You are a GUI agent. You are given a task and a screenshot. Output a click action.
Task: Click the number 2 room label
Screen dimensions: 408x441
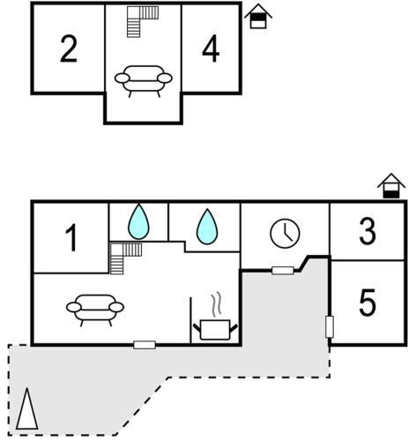[69, 49]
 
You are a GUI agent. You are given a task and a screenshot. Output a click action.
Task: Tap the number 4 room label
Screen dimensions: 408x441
[211, 49]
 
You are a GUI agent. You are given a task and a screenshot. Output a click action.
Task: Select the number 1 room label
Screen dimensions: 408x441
[71, 237]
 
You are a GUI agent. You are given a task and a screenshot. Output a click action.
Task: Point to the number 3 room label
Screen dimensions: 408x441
[367, 231]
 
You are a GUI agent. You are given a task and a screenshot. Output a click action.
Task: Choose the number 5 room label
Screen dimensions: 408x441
[367, 303]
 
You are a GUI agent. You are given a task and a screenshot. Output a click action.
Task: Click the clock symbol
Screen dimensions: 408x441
[285, 234]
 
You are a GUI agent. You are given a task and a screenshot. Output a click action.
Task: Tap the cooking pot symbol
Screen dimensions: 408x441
[215, 330]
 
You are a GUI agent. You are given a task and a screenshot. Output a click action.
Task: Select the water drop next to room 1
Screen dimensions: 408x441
[138, 221]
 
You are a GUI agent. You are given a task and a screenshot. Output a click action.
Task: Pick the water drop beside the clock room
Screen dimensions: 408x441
[207, 227]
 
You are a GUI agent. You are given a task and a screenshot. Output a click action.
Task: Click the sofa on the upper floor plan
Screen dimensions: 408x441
[144, 81]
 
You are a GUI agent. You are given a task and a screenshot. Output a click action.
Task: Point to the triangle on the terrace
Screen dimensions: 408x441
[27, 409]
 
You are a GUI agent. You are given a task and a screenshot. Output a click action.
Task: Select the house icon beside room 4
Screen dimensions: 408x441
[258, 17]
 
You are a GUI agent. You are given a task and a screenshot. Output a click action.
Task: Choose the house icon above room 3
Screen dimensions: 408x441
[391, 186]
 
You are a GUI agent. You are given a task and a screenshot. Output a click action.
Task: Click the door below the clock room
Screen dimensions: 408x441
[283, 271]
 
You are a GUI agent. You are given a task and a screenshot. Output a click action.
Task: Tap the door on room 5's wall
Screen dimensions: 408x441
[330, 327]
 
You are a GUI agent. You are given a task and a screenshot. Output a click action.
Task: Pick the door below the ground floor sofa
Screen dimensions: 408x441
[145, 345]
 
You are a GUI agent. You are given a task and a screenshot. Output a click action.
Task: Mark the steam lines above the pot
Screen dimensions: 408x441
[217, 304]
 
